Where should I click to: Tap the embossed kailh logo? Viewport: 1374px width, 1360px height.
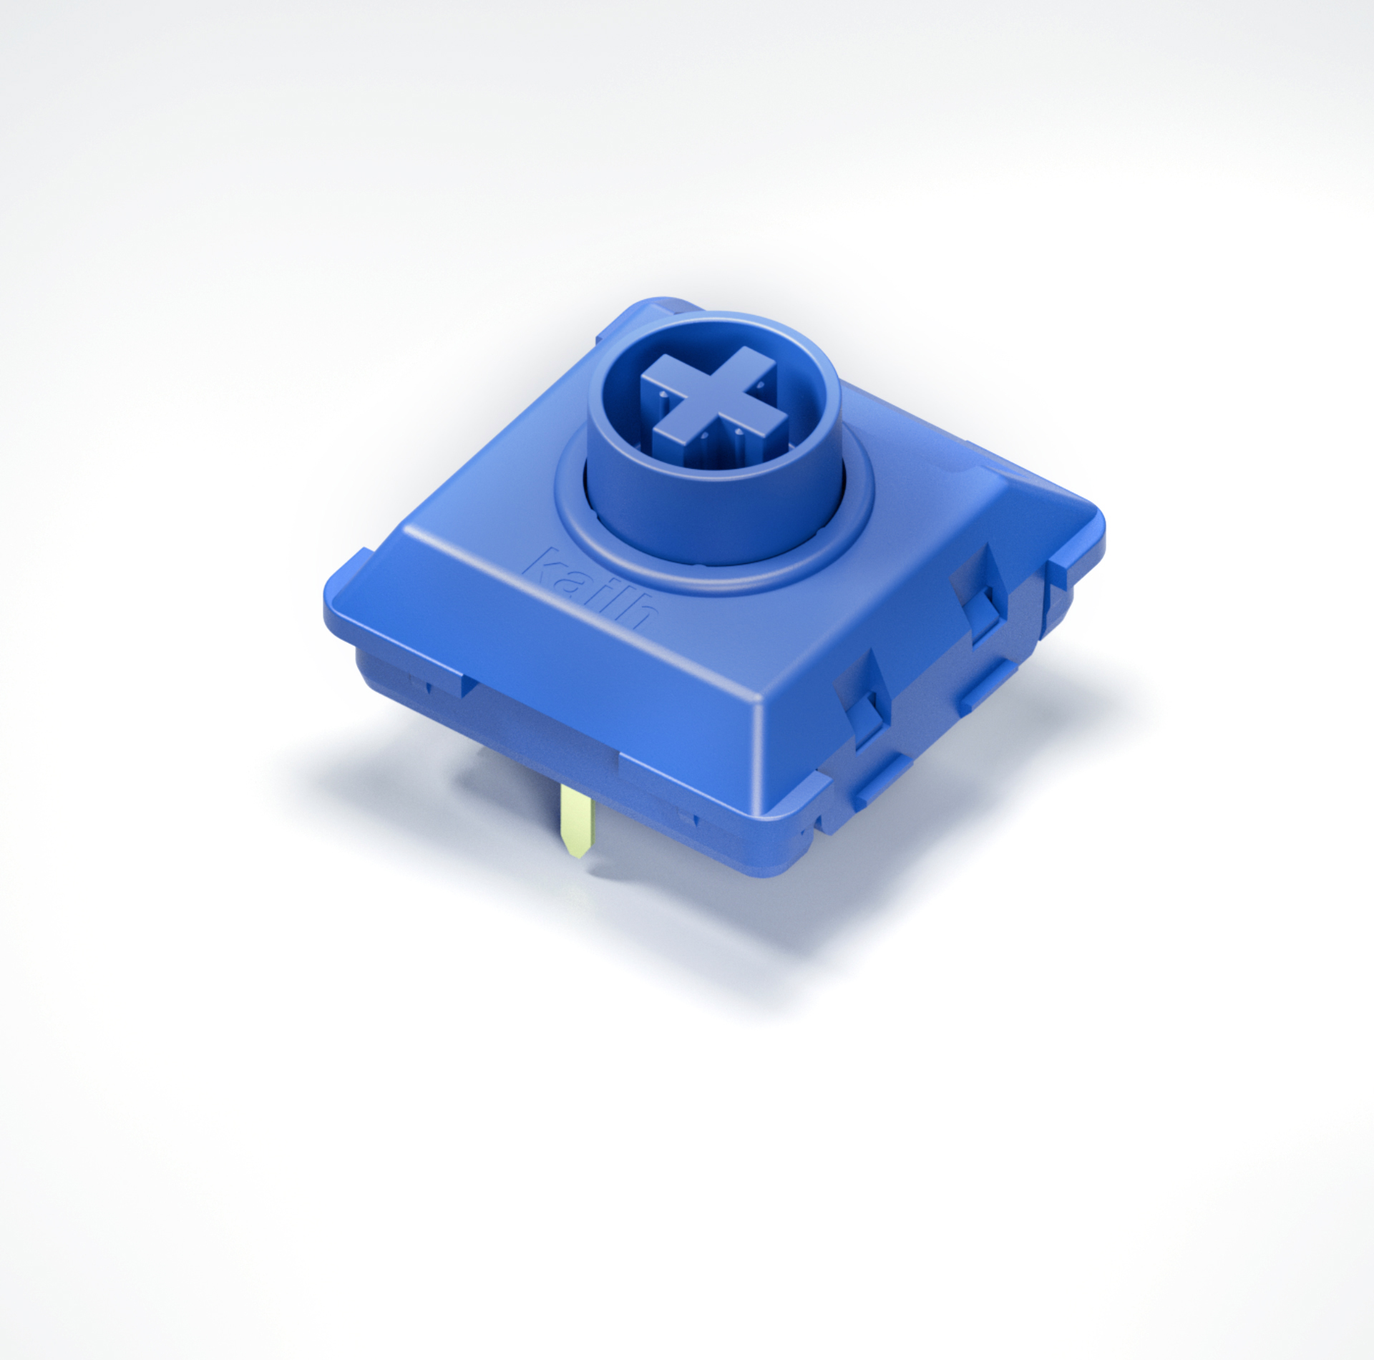[591, 588]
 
